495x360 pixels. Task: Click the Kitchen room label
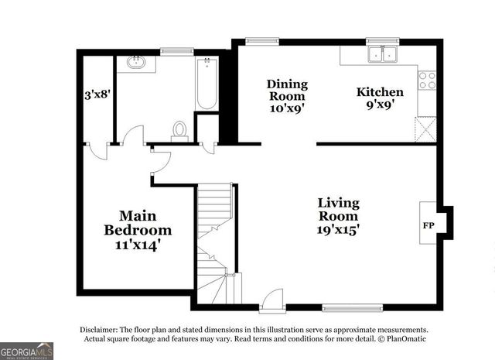coord(379,91)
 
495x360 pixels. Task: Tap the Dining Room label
coord(287,84)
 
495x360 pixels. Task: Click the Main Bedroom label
coord(138,222)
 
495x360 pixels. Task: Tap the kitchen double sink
coord(383,54)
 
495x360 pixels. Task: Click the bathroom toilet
coord(180,130)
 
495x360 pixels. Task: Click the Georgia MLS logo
coord(27,350)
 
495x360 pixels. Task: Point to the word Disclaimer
coord(101,329)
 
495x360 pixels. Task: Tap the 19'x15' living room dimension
coord(338,228)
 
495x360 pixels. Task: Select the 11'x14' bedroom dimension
coord(138,245)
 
